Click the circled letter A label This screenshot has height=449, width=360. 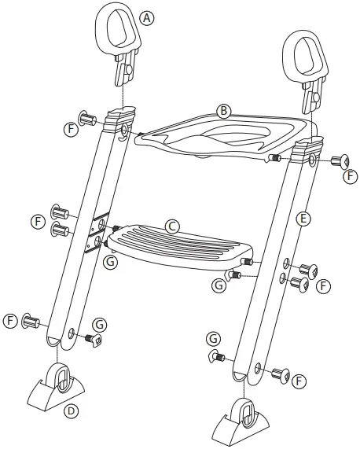pos(146,17)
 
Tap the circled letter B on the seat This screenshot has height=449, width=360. pos(224,111)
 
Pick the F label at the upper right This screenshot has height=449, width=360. pos(351,175)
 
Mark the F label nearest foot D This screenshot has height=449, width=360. pos(10,321)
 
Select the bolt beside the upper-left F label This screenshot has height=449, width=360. pos(87,120)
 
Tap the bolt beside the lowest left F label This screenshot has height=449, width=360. pos(31,320)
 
